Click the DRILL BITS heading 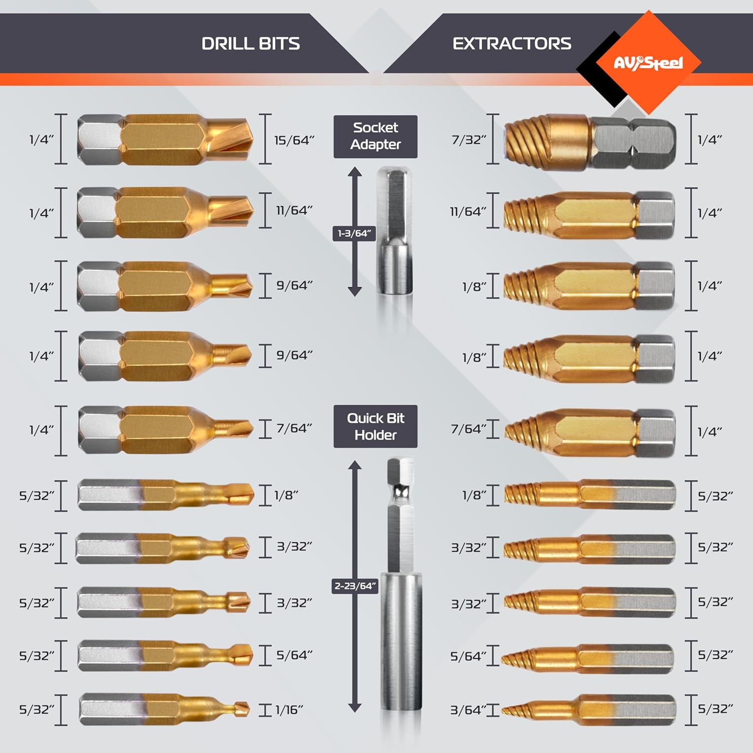pyautogui.click(x=250, y=44)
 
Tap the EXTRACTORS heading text pyautogui.click(x=512, y=44)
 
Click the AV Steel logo pyautogui.click(x=648, y=63)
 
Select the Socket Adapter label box pyautogui.click(x=375, y=137)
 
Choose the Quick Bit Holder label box pyautogui.click(x=375, y=426)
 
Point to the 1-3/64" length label pyautogui.click(x=354, y=233)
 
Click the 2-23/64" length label pyautogui.click(x=355, y=586)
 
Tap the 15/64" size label pyautogui.click(x=294, y=140)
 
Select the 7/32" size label pyautogui.click(x=469, y=140)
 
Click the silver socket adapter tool pyautogui.click(x=395, y=231)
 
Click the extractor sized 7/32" pyautogui.click(x=590, y=141)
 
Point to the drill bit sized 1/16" pyautogui.click(x=163, y=709)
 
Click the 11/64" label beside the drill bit pyautogui.click(x=294, y=210)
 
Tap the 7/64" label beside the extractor pyautogui.click(x=468, y=429)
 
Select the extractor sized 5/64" pyautogui.click(x=590, y=656)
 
